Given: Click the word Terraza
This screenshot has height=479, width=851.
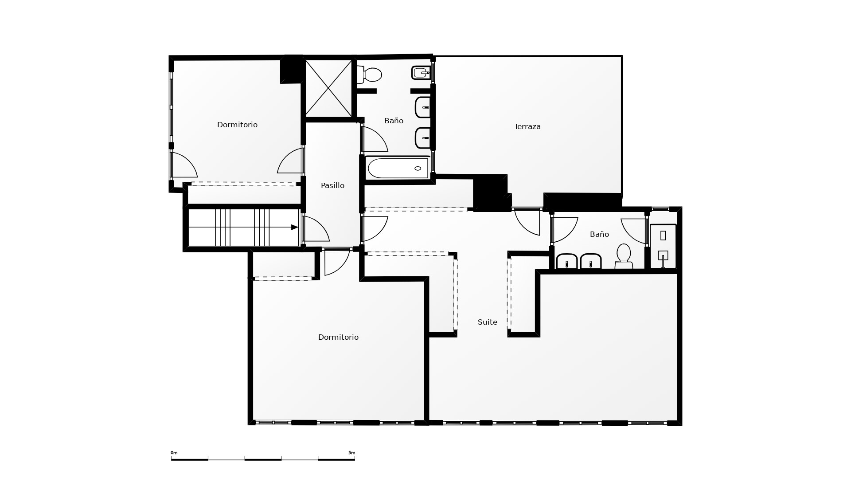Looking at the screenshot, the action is pos(527,127).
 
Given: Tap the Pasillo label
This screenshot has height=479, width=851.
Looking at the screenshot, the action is pos(332,186).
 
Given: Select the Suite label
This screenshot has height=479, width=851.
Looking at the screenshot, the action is pos(487,322).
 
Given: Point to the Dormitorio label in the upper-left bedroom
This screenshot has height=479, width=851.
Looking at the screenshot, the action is pos(237,125).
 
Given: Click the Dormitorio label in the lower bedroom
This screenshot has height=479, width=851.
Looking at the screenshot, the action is pos(338,338).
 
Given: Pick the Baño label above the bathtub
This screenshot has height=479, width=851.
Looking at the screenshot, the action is pos(394,121).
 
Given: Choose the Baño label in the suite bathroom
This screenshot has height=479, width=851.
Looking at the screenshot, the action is pos(599,234).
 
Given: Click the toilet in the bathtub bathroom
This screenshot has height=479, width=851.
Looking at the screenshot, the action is pos(369,75).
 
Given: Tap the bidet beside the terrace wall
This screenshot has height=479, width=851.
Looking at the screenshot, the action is pos(421,73).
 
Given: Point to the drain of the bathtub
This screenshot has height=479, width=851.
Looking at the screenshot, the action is pos(418,169).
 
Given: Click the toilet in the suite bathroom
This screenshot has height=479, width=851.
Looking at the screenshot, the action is pos(624,256).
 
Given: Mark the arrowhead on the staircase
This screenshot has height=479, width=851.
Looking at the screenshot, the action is pos(294,228).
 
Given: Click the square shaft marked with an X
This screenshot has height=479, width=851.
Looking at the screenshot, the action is pos(328,89).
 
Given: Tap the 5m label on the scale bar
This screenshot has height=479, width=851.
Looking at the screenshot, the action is pos(351,453).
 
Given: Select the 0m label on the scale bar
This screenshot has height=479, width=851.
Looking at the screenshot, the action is pos(174,453).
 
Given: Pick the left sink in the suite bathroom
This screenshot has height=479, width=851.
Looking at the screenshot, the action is pos(566,261).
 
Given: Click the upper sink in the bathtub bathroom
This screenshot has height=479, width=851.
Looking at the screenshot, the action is pos(423,107).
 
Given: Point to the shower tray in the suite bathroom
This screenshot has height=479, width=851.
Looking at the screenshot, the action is pos(663,247).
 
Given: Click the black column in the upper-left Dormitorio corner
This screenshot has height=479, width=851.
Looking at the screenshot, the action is pos(291,70).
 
